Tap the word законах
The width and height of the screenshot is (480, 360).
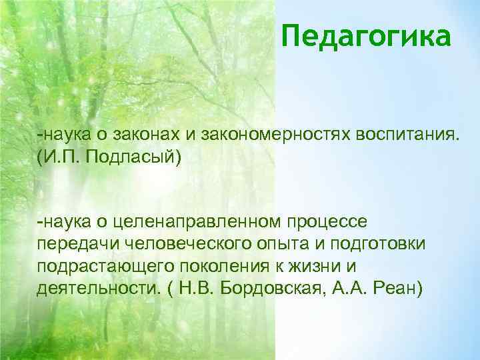[149, 136]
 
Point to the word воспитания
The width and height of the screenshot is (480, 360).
[400, 136]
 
